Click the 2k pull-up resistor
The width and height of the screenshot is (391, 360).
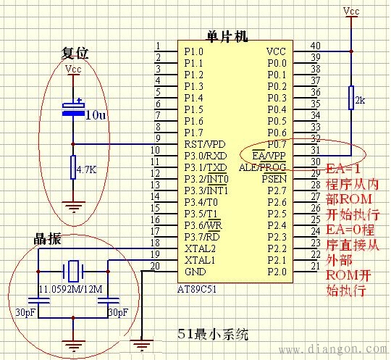tap(350, 98)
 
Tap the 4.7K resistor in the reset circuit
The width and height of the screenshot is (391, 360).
tap(72, 169)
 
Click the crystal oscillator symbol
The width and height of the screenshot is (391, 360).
tap(73, 272)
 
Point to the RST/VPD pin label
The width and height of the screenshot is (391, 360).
tap(205, 144)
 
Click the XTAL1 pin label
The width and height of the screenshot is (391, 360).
tap(200, 259)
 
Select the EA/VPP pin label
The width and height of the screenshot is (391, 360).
tap(269, 156)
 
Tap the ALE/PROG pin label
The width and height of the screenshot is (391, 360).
tap(266, 167)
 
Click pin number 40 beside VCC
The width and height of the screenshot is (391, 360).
tap(315, 46)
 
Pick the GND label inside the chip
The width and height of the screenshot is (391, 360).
tap(195, 271)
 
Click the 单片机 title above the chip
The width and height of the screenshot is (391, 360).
tap(227, 36)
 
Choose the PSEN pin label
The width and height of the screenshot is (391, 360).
tap(274, 178)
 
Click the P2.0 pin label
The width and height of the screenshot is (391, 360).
tap(277, 271)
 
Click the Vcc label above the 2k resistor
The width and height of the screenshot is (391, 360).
tap(351, 11)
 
